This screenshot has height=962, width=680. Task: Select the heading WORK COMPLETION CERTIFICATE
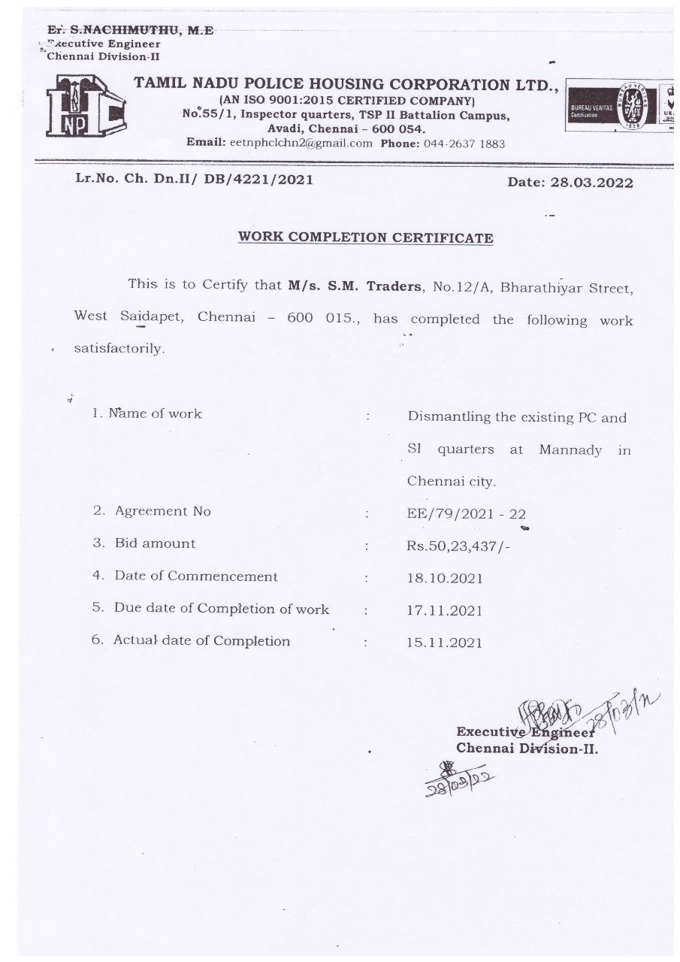(365, 237)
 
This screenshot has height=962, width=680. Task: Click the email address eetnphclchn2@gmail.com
(301, 144)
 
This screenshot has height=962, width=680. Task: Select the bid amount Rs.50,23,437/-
(458, 546)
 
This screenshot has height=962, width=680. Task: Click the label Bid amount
(155, 543)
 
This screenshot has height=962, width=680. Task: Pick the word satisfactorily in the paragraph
(118, 349)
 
